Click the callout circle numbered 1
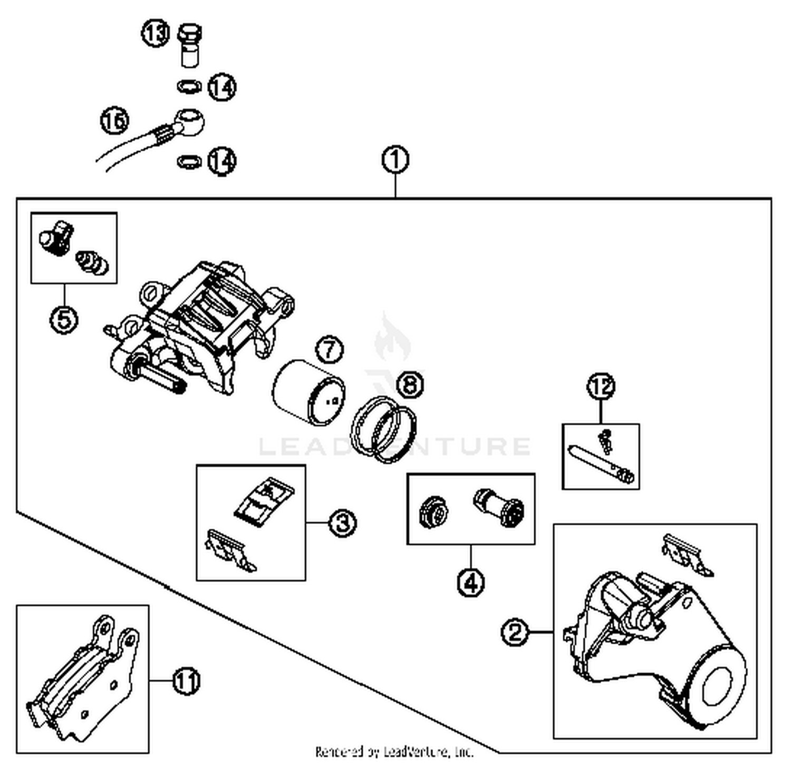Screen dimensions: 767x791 [395, 160]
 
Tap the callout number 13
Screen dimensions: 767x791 [155, 34]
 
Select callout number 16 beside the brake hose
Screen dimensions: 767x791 [114, 121]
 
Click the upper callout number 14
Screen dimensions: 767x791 [221, 87]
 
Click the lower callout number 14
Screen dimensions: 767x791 [221, 161]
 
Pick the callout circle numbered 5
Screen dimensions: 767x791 [64, 320]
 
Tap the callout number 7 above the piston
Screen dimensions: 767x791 [330, 350]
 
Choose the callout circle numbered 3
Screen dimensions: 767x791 [343, 523]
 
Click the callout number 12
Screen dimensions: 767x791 [601, 386]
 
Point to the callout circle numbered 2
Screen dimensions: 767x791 [515, 632]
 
